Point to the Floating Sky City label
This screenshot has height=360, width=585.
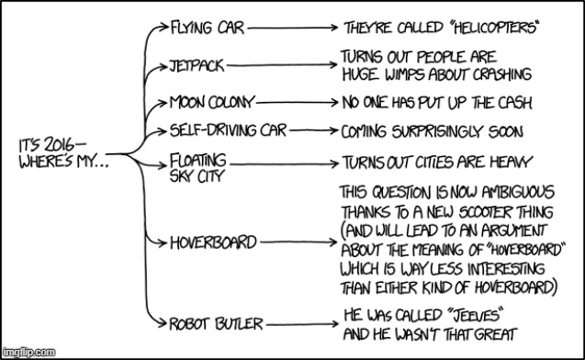(197, 169)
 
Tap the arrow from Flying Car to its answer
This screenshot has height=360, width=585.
(291, 28)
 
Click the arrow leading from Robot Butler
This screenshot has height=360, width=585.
(299, 323)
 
